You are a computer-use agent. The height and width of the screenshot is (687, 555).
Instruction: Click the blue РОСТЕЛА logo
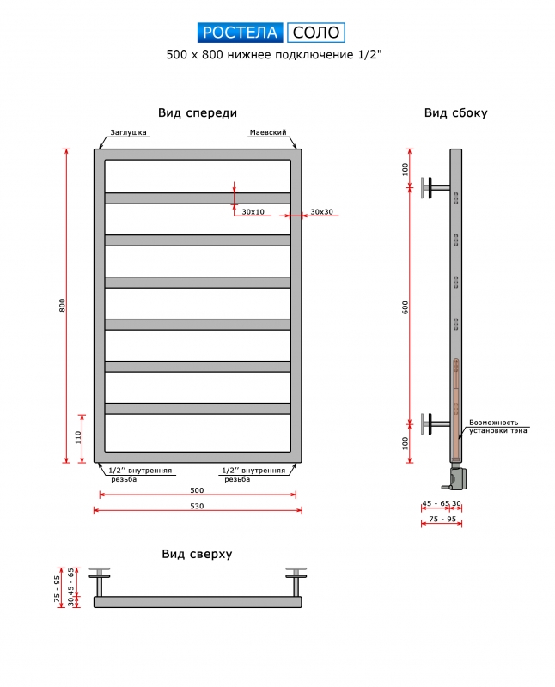point(241,33)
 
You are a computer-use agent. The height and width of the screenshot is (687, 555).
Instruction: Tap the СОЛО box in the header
point(316,33)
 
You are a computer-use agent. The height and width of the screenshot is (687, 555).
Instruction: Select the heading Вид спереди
point(198,113)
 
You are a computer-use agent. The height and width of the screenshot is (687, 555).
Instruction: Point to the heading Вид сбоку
point(455,113)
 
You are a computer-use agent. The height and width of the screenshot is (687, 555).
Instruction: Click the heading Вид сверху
point(197,554)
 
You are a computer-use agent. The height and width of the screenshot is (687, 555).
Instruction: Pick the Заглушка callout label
point(129,132)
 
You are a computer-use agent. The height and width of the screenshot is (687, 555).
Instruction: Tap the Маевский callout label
point(268,132)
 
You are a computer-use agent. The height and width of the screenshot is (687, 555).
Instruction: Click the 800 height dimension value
point(62,306)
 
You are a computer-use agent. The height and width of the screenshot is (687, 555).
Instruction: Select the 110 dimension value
point(78,438)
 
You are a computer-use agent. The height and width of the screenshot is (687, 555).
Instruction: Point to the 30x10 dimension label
point(253,212)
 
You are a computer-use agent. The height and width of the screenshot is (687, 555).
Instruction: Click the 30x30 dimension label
point(322,212)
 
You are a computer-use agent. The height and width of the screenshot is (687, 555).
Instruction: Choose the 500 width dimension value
point(197,490)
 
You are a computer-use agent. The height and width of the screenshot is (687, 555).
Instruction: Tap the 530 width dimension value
point(197,506)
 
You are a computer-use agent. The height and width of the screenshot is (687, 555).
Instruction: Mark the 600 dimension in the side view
point(405,307)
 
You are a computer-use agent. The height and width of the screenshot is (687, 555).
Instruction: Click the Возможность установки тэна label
point(498,426)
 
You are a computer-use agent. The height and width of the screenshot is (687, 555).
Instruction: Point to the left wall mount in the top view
point(100,582)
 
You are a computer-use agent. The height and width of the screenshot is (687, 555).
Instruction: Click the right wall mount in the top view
point(296,582)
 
